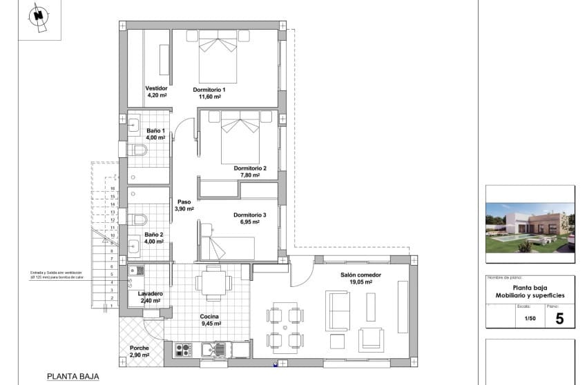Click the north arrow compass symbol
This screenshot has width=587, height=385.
click(39, 16)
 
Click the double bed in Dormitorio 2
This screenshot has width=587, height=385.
click(239, 137)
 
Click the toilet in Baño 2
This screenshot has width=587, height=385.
click(139, 220)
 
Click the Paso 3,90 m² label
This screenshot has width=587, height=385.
click(184, 206)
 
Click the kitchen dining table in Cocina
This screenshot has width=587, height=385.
click(213, 282)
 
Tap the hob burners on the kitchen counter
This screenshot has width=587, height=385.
click(183, 349)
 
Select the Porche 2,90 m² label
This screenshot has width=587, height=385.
click(139, 351)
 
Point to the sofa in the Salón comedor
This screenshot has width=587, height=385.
click(338, 311)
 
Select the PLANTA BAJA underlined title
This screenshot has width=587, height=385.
click(73, 377)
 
